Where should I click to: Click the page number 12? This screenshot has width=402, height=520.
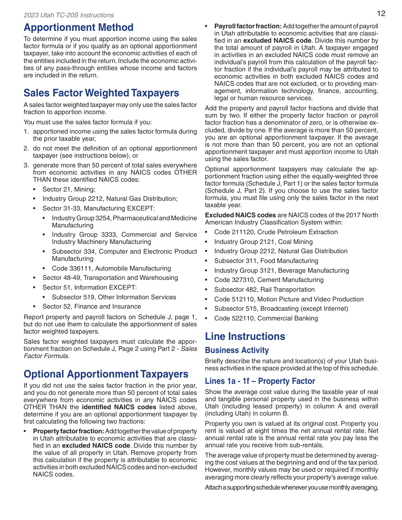click(x=381, y=13)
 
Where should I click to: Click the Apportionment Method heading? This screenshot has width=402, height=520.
click(x=78, y=27)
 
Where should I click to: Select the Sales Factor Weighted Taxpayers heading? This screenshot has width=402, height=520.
click(x=101, y=93)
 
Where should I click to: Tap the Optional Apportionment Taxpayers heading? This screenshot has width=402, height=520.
click(x=106, y=374)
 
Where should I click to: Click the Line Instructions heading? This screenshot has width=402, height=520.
click(x=245, y=337)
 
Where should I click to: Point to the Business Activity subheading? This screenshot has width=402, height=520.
click(x=237, y=350)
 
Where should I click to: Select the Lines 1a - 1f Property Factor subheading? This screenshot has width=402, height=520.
click(x=260, y=381)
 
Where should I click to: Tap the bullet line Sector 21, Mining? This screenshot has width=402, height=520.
click(x=69, y=189)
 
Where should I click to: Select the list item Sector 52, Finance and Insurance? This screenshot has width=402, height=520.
click(x=91, y=307)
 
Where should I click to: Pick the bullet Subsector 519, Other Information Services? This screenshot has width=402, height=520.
click(x=114, y=297)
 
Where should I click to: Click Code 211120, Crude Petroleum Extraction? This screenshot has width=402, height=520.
click(x=275, y=232)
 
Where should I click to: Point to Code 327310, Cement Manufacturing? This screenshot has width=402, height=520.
click(x=268, y=280)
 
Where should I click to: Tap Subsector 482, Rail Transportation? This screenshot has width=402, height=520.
click(x=264, y=290)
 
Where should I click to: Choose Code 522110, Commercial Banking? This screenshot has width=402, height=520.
click(x=266, y=318)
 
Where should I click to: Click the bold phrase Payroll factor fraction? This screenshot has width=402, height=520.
click(x=248, y=26)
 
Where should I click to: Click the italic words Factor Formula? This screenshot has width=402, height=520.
click(x=46, y=356)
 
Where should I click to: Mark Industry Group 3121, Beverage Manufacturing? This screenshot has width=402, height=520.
click(x=281, y=271)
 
